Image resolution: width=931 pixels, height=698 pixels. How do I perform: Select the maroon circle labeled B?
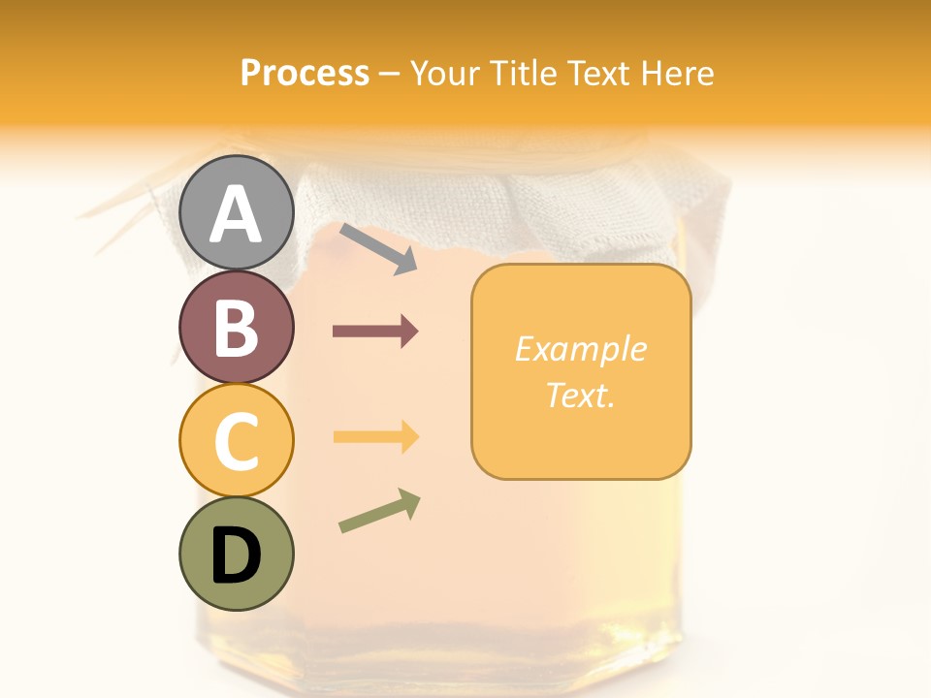point(236,327)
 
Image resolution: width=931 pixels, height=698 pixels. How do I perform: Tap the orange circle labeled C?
point(236,440)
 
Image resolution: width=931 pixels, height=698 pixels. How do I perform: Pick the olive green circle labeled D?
point(236,554)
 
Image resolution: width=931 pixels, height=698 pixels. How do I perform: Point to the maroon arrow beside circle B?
point(375,332)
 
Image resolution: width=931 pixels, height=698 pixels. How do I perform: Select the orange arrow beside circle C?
point(375,437)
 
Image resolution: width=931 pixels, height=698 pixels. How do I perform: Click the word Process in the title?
point(305,73)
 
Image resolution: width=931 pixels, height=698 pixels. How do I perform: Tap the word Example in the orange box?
point(580,349)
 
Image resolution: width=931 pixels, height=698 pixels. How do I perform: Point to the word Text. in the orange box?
point(580,395)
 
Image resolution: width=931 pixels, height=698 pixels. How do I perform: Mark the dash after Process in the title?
point(389,73)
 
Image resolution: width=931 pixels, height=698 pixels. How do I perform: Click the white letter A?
point(236,214)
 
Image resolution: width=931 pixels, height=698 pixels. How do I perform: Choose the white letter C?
point(236,442)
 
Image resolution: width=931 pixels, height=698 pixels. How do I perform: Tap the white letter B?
point(236,328)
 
